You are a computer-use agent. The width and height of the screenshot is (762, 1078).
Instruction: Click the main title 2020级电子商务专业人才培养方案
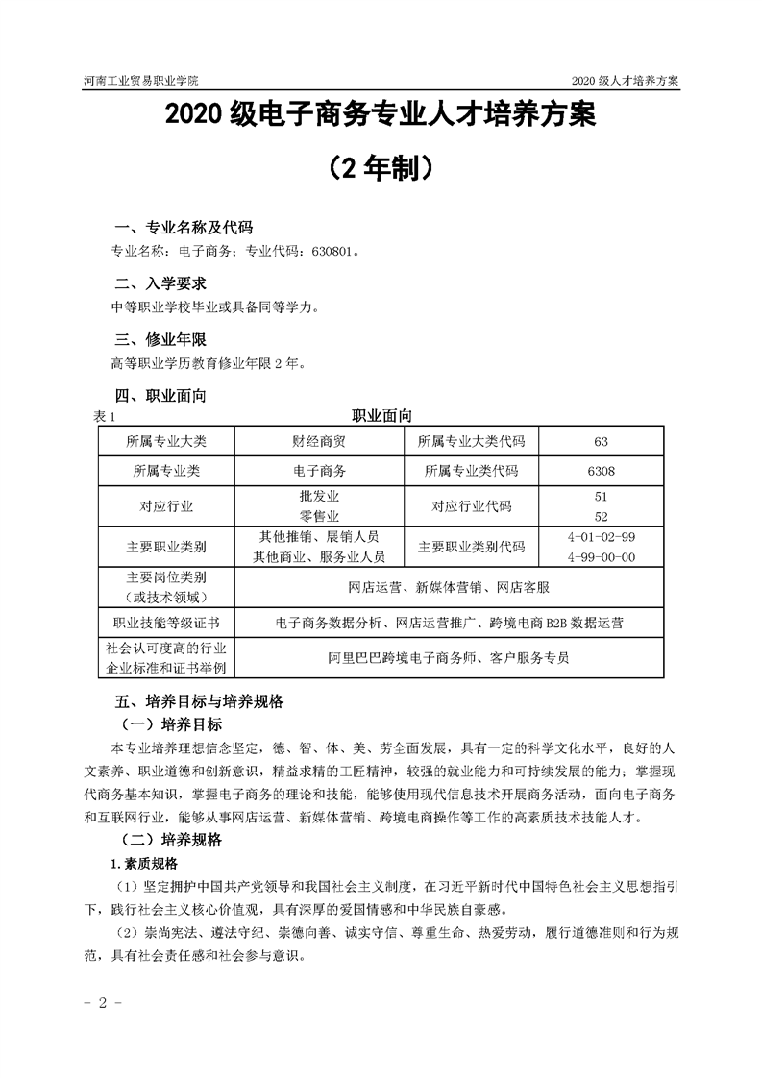(x=381, y=117)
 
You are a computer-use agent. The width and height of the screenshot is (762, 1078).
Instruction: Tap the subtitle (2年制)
(x=381, y=169)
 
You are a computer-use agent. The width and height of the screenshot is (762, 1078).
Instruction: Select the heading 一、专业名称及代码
(x=183, y=228)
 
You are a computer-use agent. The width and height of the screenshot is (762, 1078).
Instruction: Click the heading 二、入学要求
(x=160, y=283)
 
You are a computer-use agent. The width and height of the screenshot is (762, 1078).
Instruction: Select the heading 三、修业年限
(x=160, y=339)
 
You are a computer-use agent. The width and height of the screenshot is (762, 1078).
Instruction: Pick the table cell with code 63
(x=602, y=442)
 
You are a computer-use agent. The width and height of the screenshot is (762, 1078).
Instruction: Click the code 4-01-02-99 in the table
(x=602, y=537)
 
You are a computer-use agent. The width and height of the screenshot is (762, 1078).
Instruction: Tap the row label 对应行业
(x=166, y=506)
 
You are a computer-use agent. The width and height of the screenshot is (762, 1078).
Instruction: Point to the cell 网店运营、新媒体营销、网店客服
(x=449, y=586)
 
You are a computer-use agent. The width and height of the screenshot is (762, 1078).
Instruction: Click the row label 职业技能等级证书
(x=166, y=623)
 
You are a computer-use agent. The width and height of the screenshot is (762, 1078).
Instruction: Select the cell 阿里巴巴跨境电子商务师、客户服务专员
(x=449, y=659)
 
